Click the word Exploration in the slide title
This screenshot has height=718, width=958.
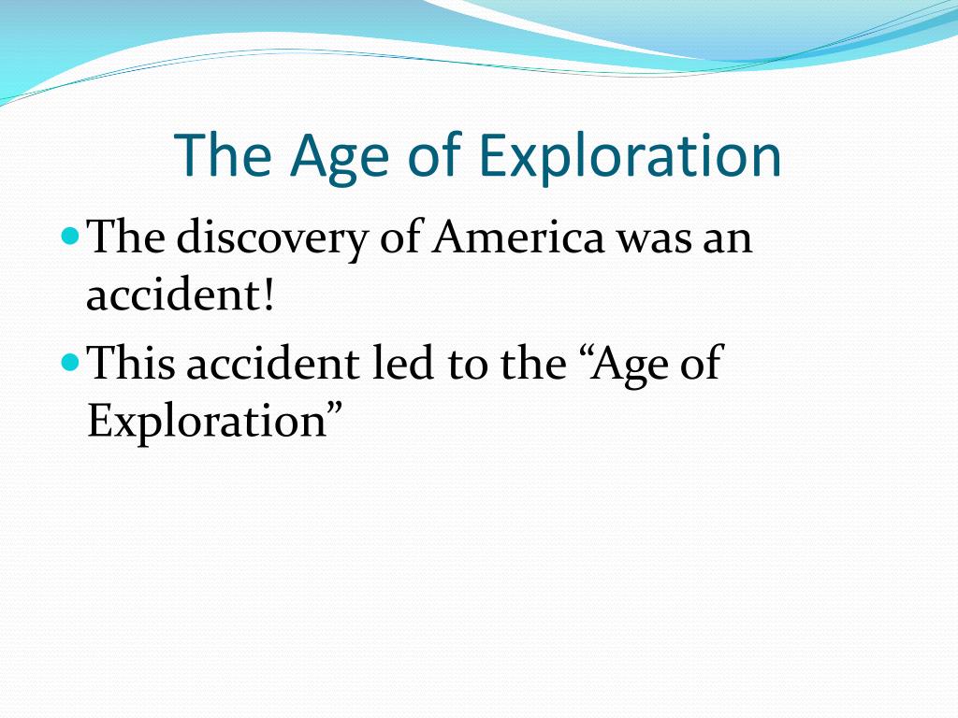pos(630,157)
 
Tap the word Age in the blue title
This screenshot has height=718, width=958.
pos(339,159)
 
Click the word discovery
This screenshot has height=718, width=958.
pos(272,238)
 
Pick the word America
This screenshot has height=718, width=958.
pos(518,237)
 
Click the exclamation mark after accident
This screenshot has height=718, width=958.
pos(268,294)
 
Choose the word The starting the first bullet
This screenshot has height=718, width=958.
pos(126,236)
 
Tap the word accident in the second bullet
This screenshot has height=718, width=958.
pos(273,363)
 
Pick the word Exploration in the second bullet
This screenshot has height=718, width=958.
pos(207,422)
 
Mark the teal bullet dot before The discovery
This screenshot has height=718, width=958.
pos(71,236)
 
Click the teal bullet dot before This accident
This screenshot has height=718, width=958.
pos(71,363)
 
